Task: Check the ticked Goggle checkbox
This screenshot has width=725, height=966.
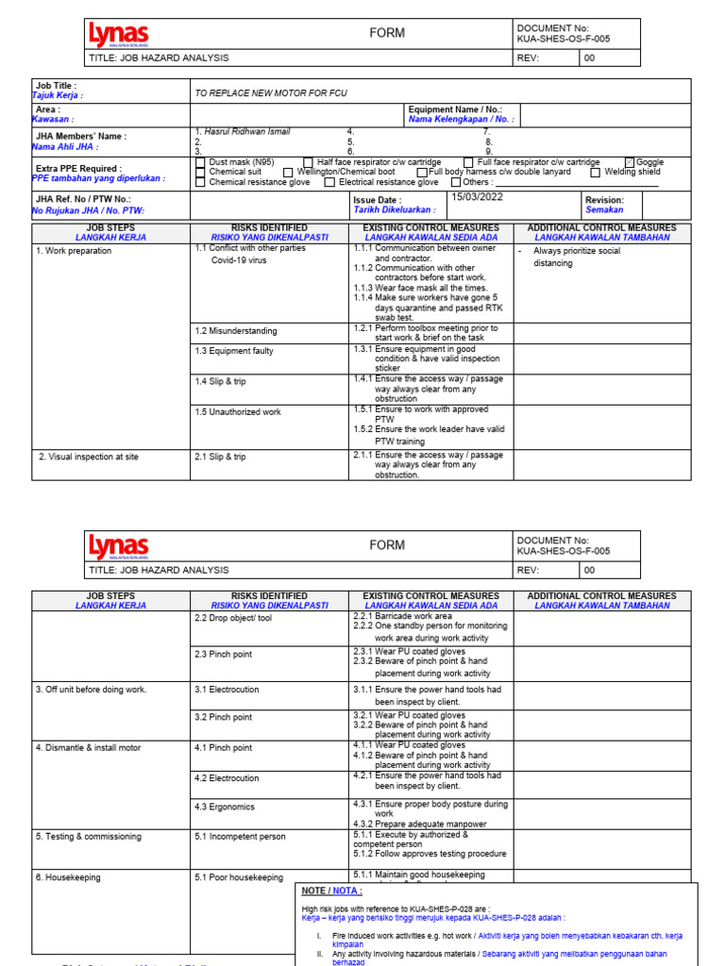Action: coord(631,162)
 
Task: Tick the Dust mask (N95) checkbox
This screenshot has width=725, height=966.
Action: coord(200,162)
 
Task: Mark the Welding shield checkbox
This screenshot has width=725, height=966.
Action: coord(596,173)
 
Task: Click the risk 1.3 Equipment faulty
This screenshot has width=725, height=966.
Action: coord(234,351)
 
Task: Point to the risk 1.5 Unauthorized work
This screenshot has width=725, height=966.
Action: coord(238,411)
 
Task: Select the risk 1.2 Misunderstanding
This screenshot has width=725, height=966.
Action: coord(236,331)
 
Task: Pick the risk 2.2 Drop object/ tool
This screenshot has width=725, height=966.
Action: coord(233,618)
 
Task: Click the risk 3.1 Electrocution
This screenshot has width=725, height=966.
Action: coord(227,690)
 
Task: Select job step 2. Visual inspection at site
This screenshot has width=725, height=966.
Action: coord(89,457)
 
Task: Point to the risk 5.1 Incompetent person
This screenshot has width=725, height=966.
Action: coord(240,836)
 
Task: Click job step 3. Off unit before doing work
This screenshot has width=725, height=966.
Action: coord(92,690)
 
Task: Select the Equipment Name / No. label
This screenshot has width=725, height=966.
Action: coord(455,109)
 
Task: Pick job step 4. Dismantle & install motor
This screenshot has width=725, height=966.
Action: coord(89,748)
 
